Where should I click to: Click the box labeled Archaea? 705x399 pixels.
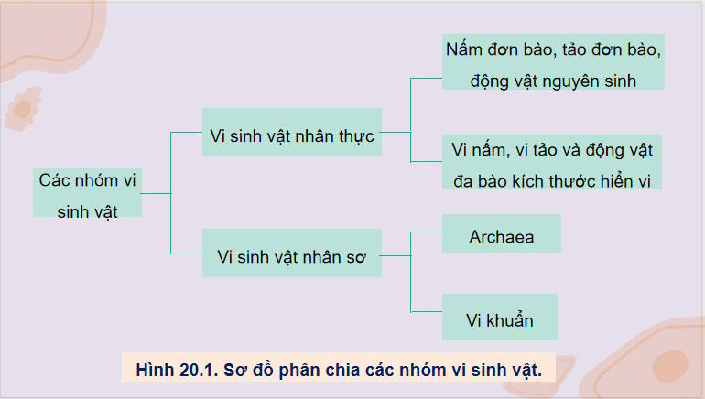coord(501,236)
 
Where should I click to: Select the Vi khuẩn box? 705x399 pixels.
coord(499,319)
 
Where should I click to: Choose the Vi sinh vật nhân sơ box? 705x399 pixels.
coord(291,258)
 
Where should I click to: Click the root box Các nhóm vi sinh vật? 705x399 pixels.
coord(87,193)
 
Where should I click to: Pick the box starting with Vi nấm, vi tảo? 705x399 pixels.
coord(552,163)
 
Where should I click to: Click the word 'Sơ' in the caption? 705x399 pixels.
coord(244,370)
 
